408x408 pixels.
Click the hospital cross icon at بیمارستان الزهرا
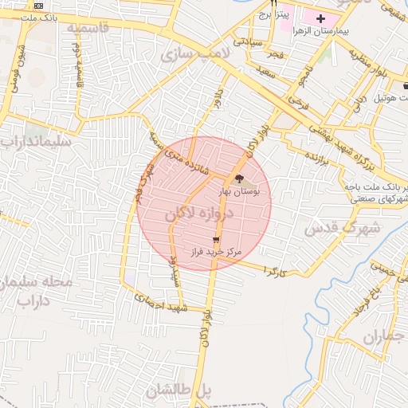pos(320,18)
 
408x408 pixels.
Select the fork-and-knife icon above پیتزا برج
pos(273,3)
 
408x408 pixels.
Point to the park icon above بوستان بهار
pos(240,178)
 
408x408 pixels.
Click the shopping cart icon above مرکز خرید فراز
pos(215,239)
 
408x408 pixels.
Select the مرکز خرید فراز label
pos(214,252)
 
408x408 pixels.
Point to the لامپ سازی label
pos(194,54)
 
